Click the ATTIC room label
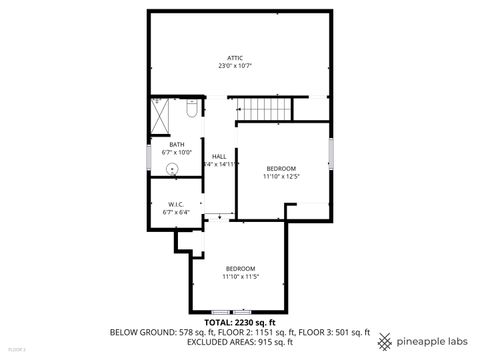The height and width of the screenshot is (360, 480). coord(235,58)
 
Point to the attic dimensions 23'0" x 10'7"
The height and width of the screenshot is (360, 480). coord(235,66)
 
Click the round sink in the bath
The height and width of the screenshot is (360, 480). coord(172,169)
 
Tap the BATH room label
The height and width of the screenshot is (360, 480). coord(176,145)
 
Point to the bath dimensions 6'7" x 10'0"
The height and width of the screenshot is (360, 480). coord(176,153)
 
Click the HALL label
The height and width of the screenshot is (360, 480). coord(218,156)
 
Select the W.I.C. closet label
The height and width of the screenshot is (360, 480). coord(175,204)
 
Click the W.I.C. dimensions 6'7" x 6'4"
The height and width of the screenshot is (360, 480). coord(175,212)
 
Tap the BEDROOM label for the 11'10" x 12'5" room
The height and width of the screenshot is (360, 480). coord(281,168)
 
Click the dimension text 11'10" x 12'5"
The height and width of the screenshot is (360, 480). coord(281,176)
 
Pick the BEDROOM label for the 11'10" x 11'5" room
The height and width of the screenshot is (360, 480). coord(240,268)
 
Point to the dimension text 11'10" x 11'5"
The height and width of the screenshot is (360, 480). coord(240,276)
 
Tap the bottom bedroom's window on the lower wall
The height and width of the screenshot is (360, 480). coord(240,312)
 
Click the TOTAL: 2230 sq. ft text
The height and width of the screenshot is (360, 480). coord(239,323)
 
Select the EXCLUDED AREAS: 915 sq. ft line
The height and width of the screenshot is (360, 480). coord(239,342)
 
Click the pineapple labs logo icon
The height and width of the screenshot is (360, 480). coord(385,341)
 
